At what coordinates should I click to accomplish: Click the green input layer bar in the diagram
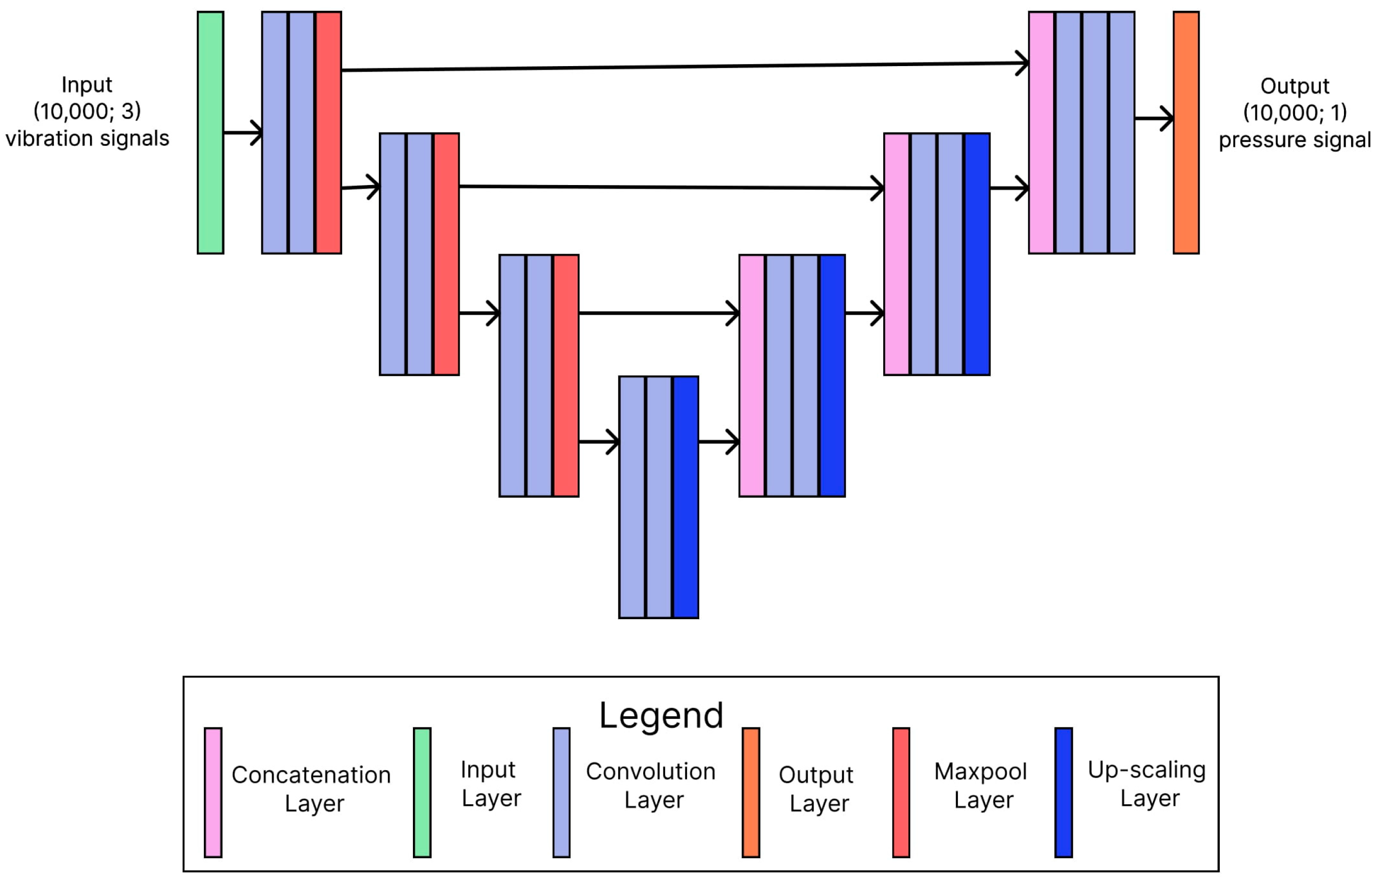(211, 133)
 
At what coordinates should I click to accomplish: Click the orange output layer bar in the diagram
(1186, 133)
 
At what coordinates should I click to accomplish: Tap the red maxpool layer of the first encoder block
(328, 133)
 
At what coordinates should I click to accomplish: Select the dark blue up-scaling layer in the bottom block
(685, 497)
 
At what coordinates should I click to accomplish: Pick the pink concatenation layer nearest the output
(1041, 133)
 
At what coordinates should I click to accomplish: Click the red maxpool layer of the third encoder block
(566, 376)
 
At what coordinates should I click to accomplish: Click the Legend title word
(661, 715)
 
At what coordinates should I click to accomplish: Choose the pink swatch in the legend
(213, 793)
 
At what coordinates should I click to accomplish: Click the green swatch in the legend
(423, 793)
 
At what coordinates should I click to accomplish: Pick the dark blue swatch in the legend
(1063, 793)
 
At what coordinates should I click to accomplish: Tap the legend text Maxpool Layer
(981, 785)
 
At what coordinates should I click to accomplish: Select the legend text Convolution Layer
(651, 785)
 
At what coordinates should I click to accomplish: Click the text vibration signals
(87, 138)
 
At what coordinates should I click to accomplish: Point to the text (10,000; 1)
(1295, 113)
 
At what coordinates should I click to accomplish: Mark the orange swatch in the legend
(751, 793)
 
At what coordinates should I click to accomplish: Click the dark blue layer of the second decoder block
(977, 255)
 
